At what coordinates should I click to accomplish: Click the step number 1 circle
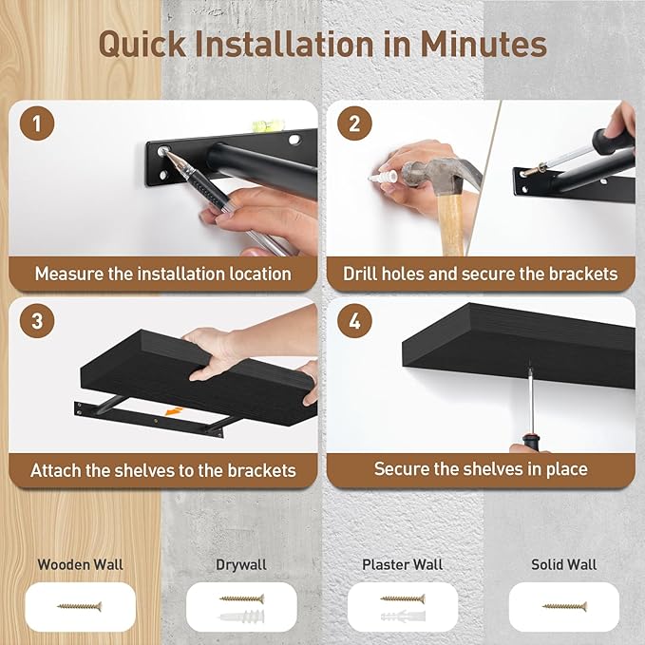(x=37, y=124)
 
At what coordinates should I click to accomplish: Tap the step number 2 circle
(x=354, y=124)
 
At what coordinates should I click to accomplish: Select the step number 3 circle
(x=37, y=321)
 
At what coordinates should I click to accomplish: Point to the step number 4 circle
(x=354, y=321)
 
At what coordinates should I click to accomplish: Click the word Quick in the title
(x=144, y=45)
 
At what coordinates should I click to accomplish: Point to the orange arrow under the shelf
(x=171, y=411)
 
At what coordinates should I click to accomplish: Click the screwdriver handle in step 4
(x=528, y=442)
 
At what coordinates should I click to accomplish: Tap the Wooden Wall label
(x=81, y=564)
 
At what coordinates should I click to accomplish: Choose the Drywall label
(x=241, y=564)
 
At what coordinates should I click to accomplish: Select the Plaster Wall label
(x=403, y=564)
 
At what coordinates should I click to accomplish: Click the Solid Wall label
(x=563, y=564)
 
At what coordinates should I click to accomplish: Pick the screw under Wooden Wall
(x=80, y=605)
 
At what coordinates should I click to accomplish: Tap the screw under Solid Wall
(x=564, y=605)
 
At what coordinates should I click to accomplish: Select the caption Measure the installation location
(x=163, y=274)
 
